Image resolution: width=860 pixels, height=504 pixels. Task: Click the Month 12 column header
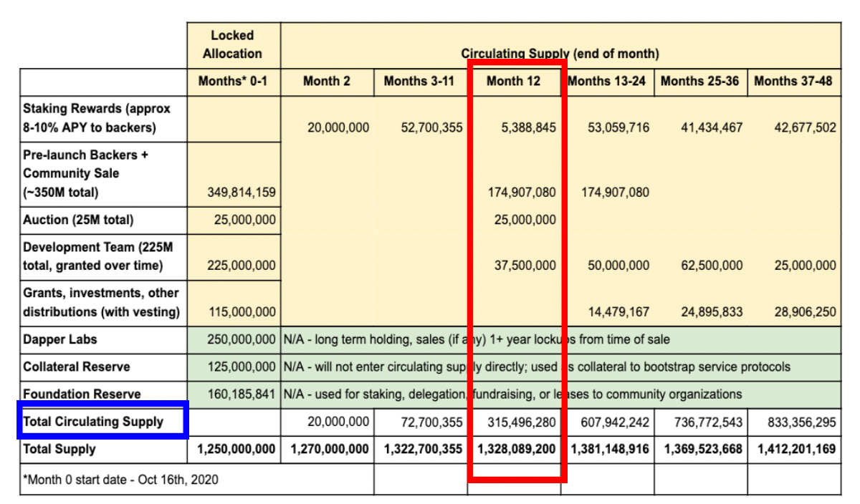pos(513,82)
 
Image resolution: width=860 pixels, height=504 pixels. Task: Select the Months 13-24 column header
pos(606,82)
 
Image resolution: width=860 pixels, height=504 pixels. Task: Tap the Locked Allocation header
pos(232,44)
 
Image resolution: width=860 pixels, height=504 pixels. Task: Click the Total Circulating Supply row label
pos(93,422)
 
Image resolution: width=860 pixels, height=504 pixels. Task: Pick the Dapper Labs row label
pos(60,339)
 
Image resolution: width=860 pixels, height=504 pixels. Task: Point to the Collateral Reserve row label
pos(77,367)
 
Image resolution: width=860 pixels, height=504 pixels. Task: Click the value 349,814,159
pos(242,192)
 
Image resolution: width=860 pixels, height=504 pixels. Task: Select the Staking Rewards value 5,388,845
pos(529,127)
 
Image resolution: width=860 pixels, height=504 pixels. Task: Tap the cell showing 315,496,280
pos(522,422)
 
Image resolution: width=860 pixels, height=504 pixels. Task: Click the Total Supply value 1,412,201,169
pos(797,449)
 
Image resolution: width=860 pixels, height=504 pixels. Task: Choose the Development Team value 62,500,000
pos(712,266)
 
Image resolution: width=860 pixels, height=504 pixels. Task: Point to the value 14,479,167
pos(619,312)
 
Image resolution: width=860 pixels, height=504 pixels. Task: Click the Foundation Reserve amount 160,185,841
pos(242,394)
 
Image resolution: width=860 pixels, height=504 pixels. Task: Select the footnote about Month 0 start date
pos(120,480)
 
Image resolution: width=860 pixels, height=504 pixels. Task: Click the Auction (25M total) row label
pos(78,220)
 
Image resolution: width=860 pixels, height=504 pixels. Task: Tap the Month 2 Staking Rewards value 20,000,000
pos(338,127)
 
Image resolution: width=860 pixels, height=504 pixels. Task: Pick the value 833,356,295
pos(802,422)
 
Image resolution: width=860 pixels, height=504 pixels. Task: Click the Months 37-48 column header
pos(793,82)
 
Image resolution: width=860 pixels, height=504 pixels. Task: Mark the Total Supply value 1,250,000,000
pos(236,449)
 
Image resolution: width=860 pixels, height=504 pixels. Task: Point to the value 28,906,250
pos(805,312)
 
